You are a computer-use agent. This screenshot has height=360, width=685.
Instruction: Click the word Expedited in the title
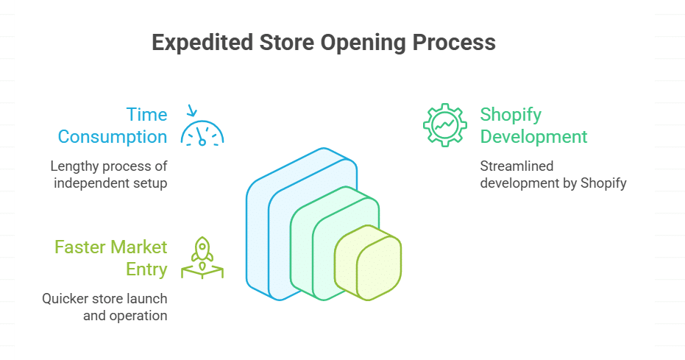click(x=203, y=43)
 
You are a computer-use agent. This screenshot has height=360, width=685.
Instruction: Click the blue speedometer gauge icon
click(x=202, y=133)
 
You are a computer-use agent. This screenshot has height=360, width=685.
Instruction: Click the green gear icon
click(x=444, y=125)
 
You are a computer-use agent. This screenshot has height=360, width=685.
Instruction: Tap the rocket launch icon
click(x=202, y=258)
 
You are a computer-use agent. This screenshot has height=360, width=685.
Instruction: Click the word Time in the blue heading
click(x=147, y=114)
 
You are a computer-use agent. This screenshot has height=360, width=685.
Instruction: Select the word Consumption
click(x=113, y=137)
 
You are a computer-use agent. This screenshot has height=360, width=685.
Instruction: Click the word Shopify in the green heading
click(x=511, y=115)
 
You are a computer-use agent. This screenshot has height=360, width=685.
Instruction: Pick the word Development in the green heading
click(x=533, y=137)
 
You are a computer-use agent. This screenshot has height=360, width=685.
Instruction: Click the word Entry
click(x=146, y=269)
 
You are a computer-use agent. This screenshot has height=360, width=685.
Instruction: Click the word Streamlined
click(x=517, y=166)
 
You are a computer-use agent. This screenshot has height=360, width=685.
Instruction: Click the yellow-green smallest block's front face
click(x=379, y=268)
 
